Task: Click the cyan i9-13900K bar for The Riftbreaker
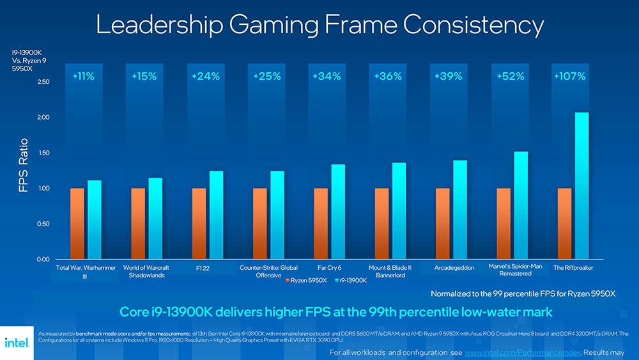(x=581, y=185)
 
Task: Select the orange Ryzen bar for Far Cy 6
(x=321, y=223)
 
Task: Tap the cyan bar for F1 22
(x=217, y=214)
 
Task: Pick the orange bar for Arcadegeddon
(x=443, y=223)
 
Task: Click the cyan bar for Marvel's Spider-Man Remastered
(x=521, y=205)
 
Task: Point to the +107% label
(x=569, y=76)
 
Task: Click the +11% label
(x=83, y=76)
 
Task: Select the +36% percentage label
(x=387, y=76)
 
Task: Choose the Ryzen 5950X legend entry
(x=306, y=281)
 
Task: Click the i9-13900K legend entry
(x=350, y=281)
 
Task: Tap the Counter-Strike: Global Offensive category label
(x=268, y=271)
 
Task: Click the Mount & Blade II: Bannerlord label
(x=390, y=271)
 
